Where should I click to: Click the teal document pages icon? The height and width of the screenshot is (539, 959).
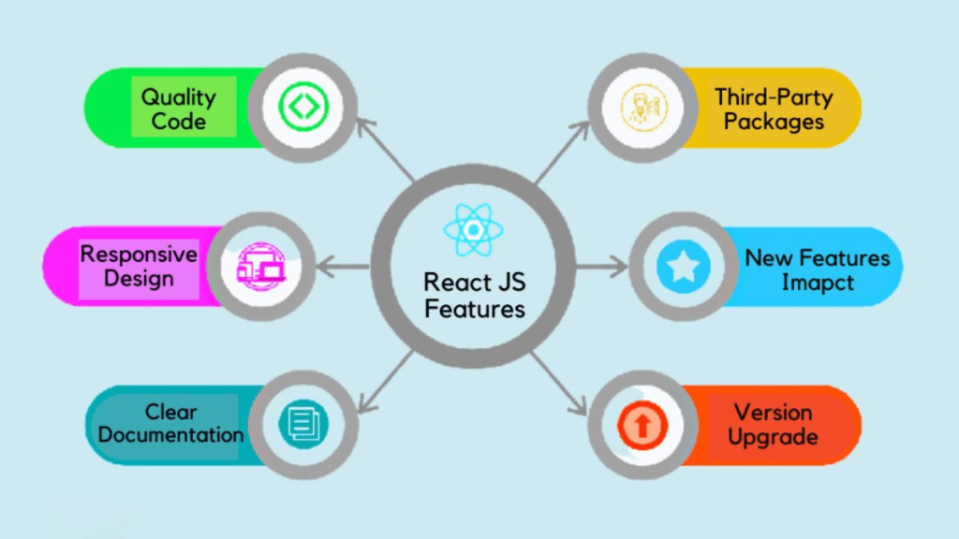pos(302,424)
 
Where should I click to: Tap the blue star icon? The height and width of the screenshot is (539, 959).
pos(683,267)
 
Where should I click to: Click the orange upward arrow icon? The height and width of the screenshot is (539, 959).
pos(642,425)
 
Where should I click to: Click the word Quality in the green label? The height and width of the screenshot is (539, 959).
pos(178,96)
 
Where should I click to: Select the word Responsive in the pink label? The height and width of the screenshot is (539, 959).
pos(139,255)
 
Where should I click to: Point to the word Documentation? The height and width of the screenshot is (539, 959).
pos(170,435)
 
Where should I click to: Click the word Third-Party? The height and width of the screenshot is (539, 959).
pos(774,96)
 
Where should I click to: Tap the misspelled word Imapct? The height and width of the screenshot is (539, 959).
pos(818,283)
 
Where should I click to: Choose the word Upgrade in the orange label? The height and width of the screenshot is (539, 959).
pos(773,437)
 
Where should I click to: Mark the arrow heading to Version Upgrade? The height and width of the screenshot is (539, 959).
pos(562,384)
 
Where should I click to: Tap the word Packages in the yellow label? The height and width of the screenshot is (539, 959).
pos(774,122)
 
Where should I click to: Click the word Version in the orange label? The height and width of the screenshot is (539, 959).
pos(773,413)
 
